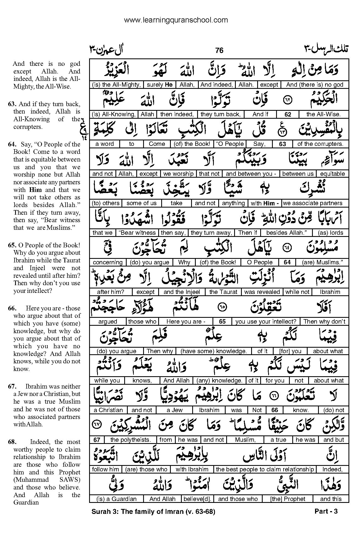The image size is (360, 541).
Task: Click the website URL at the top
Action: click(176, 20)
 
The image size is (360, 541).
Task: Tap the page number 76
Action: click(219, 50)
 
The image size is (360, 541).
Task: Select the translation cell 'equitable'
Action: click(332, 174)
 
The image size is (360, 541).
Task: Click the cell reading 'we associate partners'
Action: click(313, 203)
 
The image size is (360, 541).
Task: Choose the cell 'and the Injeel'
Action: click(182, 292)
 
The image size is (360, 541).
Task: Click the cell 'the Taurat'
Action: click(223, 292)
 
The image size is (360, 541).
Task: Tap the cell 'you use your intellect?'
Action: click(266, 321)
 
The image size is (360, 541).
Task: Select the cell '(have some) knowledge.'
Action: click(214, 351)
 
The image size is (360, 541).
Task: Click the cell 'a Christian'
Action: click(108, 410)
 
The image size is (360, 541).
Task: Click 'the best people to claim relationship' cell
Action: click(265, 469)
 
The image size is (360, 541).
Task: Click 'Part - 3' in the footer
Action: click(326, 512)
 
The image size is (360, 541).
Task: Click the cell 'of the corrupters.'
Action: click(320, 144)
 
